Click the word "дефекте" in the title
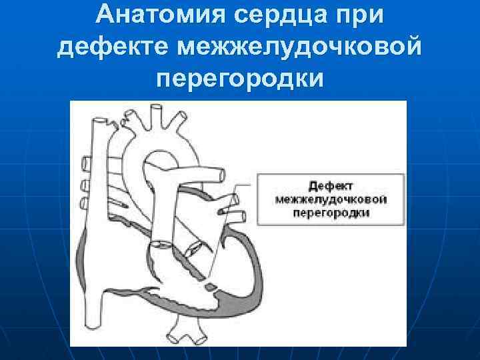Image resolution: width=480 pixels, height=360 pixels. pos(114,47)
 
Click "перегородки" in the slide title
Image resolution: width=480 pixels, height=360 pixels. pos(240,79)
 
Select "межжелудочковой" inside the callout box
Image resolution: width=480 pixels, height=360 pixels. pos(331,199)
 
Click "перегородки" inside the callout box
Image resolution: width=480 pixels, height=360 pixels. pos(331,213)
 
